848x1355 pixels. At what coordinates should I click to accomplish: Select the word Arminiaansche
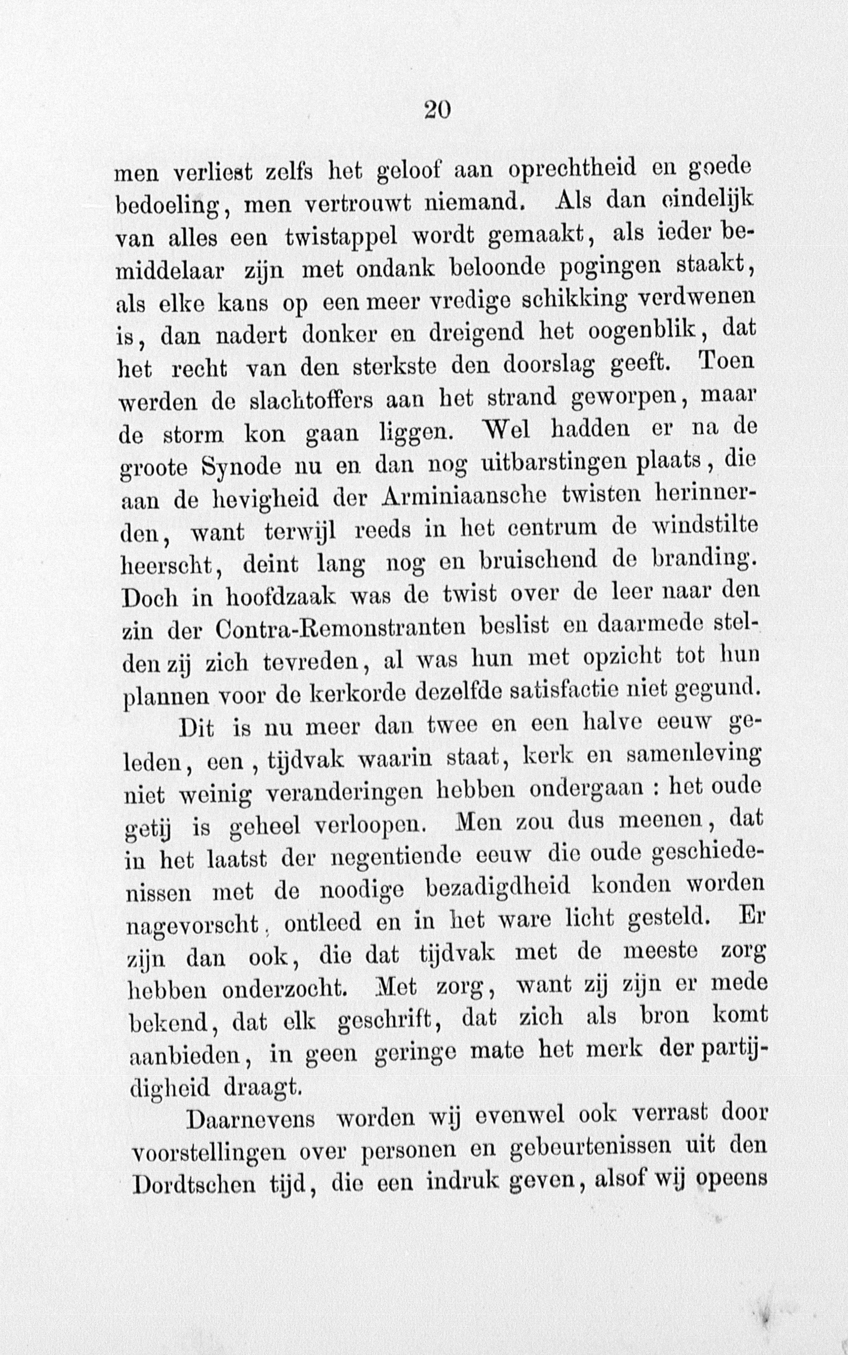[463, 496]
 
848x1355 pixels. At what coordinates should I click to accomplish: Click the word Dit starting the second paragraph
[196, 729]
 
